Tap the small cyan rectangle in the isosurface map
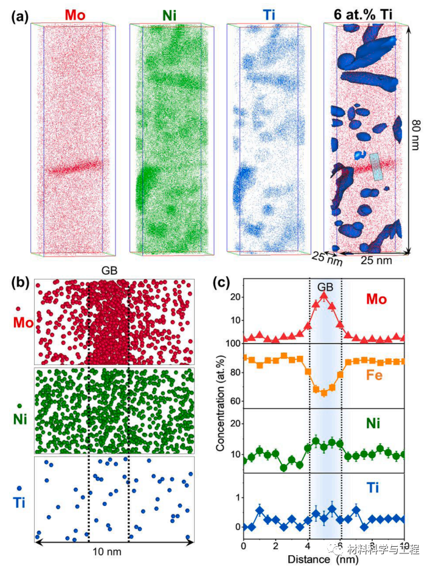pyautogui.click(x=376, y=166)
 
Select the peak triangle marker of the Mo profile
pyautogui.click(x=324, y=296)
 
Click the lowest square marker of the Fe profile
pyautogui.click(x=324, y=393)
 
